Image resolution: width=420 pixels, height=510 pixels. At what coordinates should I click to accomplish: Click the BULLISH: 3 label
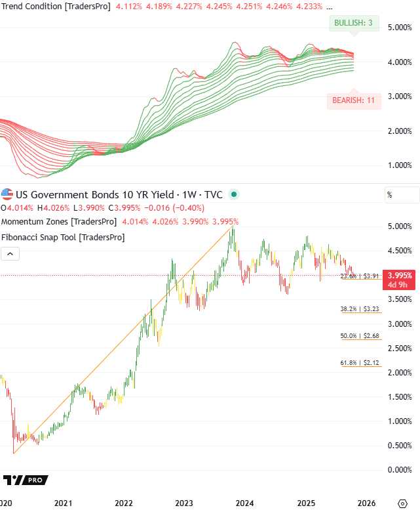tap(353, 23)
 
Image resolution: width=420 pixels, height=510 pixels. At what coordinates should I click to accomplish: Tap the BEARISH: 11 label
tap(353, 100)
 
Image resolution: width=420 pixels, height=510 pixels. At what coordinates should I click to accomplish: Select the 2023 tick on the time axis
tap(184, 503)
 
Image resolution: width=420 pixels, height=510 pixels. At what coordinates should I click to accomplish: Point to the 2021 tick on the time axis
tap(63, 503)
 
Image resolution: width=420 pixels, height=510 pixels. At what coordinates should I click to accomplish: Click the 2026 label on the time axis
tap(366, 503)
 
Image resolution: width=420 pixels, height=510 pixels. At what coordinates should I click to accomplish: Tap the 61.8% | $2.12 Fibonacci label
tap(360, 362)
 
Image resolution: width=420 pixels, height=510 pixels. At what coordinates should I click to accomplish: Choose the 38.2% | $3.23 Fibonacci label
tap(360, 308)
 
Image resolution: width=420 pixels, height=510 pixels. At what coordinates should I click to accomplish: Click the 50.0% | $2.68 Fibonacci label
tap(360, 335)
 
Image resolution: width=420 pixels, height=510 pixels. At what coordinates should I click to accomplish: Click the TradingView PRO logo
tap(26, 480)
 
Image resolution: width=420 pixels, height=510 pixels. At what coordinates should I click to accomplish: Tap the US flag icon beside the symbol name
tap(7, 194)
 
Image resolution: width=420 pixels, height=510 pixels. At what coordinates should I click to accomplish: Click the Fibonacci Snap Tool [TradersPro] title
tap(59, 236)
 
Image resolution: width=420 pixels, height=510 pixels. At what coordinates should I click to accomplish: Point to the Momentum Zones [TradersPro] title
tap(59, 221)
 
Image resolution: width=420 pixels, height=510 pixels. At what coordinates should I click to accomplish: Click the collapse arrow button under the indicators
tap(9, 253)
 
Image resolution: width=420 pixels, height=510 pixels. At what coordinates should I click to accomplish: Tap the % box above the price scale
tap(401, 195)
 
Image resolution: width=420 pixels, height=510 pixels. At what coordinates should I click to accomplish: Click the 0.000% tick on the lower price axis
tap(399, 470)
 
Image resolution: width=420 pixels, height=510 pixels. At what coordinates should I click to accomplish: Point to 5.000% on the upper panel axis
tap(399, 28)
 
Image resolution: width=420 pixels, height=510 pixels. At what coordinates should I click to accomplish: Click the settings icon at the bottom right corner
tap(402, 502)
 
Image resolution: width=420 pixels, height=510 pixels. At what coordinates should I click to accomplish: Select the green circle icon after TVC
tap(235, 194)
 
